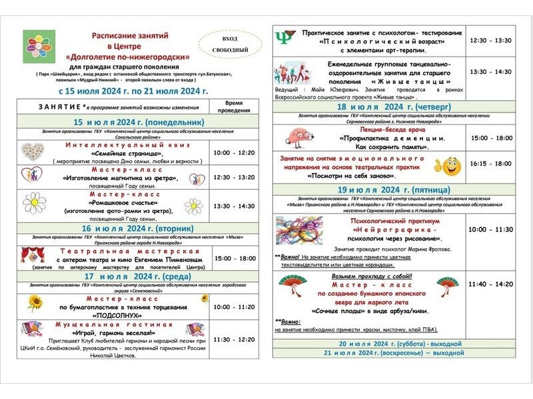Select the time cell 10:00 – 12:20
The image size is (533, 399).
click(x=233, y=153)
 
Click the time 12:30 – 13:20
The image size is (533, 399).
click(x=233, y=178)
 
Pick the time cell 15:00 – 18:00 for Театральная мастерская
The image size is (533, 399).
click(x=233, y=258)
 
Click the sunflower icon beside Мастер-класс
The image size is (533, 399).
click(x=34, y=303)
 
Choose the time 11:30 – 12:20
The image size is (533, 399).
click(x=233, y=339)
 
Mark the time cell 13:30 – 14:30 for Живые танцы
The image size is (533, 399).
click(x=490, y=71)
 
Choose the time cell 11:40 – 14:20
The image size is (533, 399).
click(x=490, y=284)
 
